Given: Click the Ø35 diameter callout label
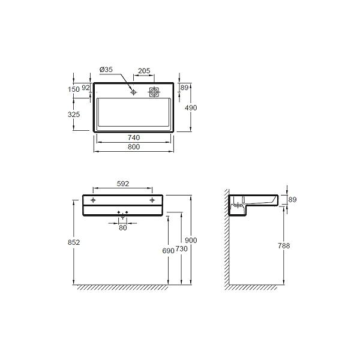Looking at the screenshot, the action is (106, 70).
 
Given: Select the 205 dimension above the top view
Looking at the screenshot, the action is (144, 71).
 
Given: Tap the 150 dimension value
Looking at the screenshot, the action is (74, 89).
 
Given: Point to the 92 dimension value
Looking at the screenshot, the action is (86, 88).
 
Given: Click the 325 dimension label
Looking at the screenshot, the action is (74, 115).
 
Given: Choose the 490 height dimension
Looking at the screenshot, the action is (191, 107).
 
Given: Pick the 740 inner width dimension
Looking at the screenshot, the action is (134, 137).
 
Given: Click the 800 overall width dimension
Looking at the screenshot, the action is (134, 147).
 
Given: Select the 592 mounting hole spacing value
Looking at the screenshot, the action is (123, 184).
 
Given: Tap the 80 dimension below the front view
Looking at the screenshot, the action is (123, 227).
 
